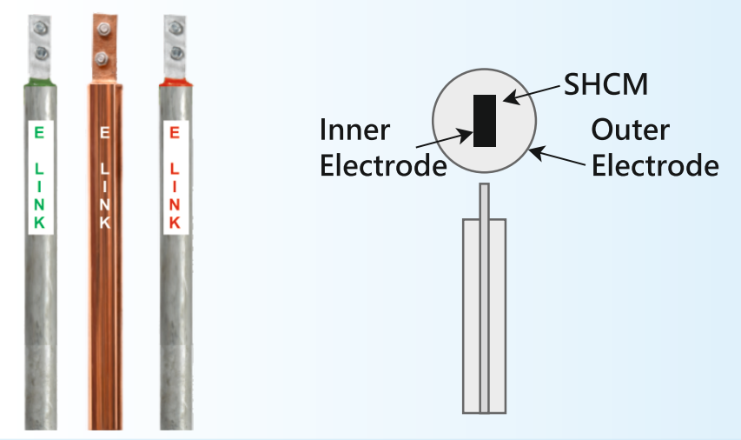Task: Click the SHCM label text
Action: click(x=605, y=85)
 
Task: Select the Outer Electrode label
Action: click(x=654, y=147)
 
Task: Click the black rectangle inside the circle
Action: click(x=483, y=119)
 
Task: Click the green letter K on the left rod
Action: click(x=39, y=223)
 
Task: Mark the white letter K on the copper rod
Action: click(x=104, y=221)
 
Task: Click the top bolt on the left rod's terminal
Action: click(x=40, y=28)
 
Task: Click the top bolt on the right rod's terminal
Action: click(x=174, y=28)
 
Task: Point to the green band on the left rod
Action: click(x=40, y=82)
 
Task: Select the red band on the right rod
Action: click(x=174, y=83)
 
